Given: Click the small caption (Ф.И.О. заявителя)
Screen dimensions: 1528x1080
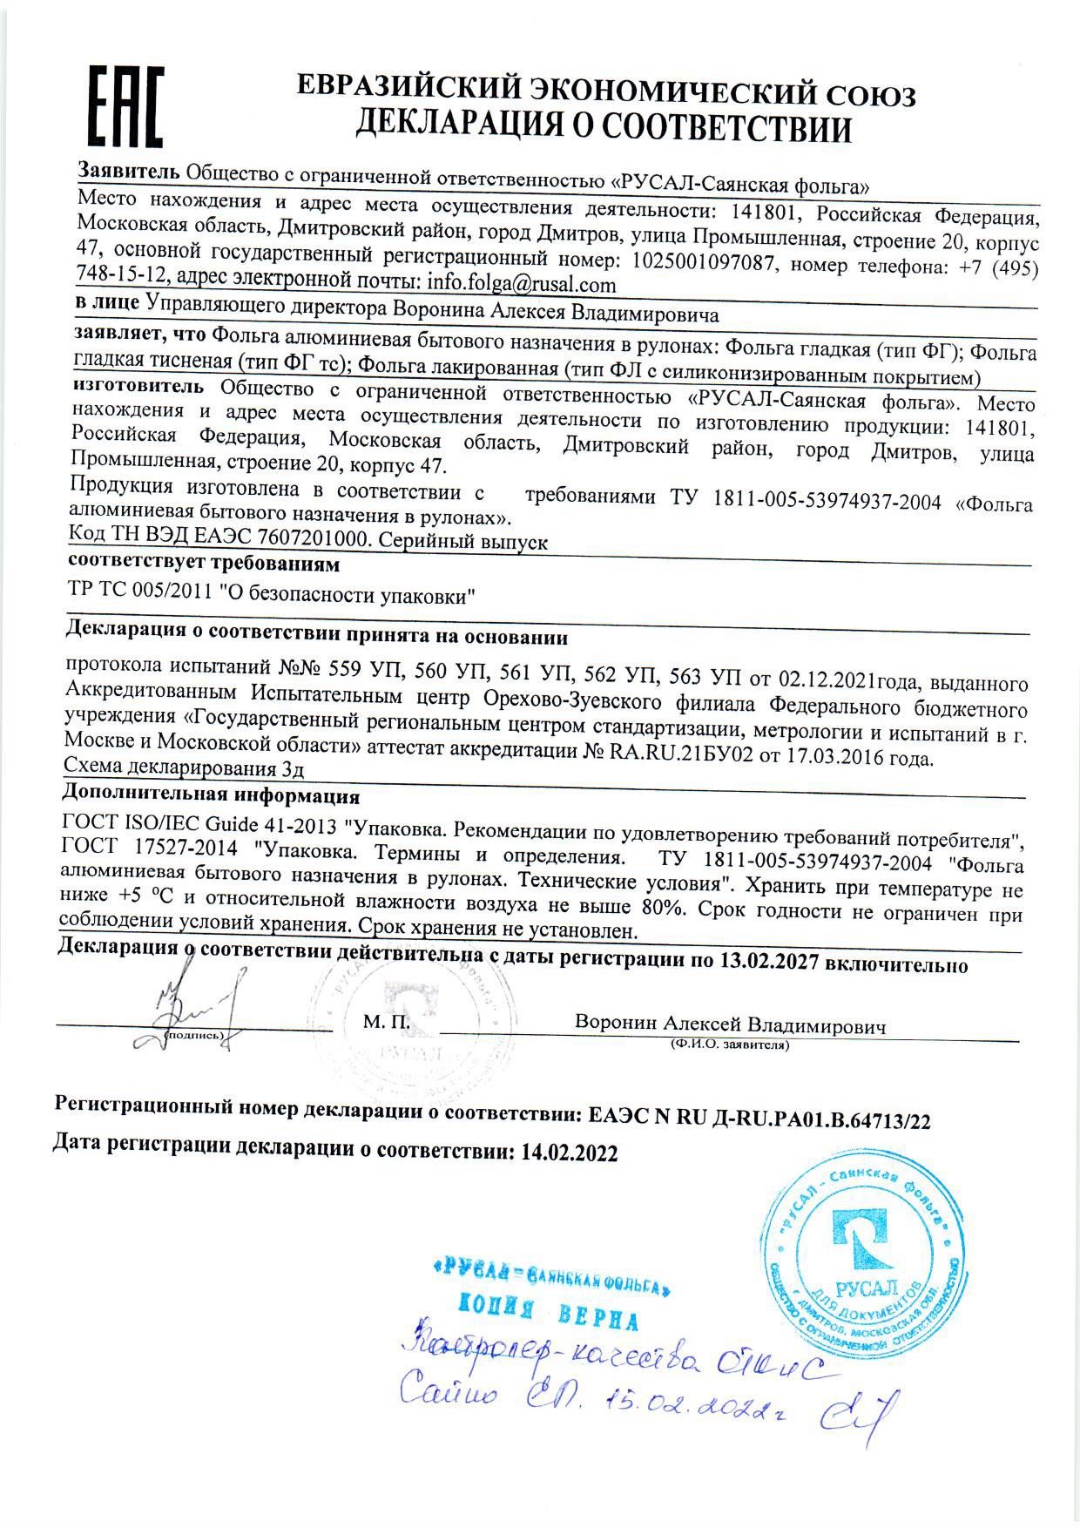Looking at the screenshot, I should pyautogui.click(x=729, y=1044).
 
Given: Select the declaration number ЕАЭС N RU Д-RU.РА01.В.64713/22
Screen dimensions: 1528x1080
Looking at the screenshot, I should pyautogui.click(x=759, y=1118).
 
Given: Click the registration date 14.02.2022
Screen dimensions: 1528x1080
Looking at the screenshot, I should pyautogui.click(x=570, y=1153).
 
